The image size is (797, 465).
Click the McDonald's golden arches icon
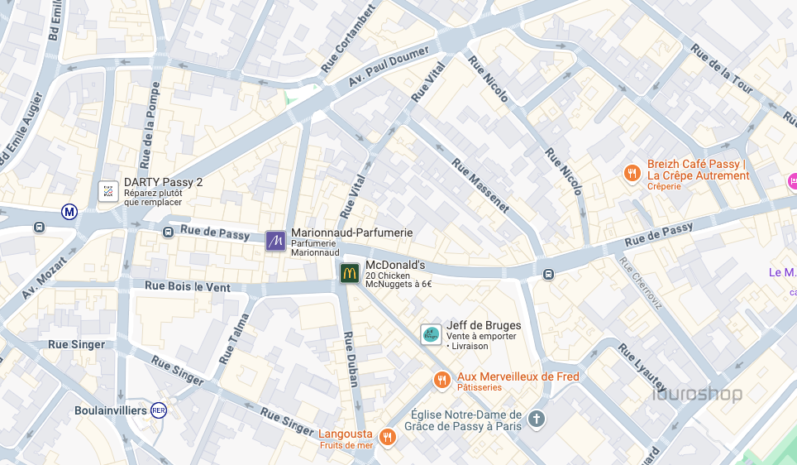(350, 273)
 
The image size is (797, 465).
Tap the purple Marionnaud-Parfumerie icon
(275, 241)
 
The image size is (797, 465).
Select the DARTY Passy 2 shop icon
(107, 191)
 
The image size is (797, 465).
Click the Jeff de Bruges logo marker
(431, 334)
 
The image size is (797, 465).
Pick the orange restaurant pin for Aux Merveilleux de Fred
(442, 380)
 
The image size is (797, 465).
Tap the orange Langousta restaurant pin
(386, 436)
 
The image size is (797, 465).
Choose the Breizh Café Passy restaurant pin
(632, 173)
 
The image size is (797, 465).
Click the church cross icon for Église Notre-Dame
(537, 419)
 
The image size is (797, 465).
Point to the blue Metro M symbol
(69, 212)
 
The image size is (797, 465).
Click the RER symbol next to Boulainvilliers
(159, 410)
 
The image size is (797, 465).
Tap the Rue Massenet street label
(480, 185)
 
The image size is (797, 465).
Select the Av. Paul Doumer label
(389, 65)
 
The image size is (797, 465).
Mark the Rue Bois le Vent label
(188, 286)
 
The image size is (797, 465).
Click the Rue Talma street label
(234, 339)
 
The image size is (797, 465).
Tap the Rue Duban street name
(351, 359)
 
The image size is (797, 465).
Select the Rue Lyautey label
(642, 368)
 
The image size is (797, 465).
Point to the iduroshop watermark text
(697, 394)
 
